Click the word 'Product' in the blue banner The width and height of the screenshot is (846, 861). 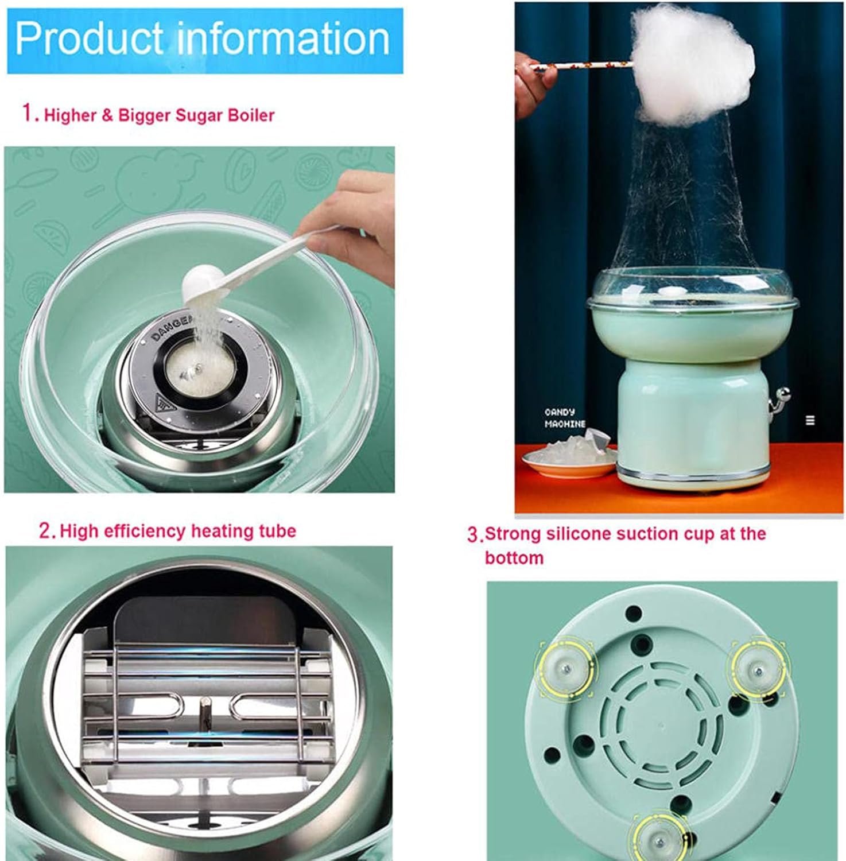[89, 38]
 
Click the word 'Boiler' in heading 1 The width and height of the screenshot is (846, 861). [251, 115]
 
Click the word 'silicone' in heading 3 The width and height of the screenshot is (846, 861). [579, 534]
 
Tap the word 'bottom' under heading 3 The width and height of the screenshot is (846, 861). [514, 558]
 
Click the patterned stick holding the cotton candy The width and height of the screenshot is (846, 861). [580, 69]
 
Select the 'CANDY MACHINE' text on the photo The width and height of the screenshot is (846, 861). [564, 418]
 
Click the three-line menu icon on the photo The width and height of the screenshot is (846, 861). [810, 420]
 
